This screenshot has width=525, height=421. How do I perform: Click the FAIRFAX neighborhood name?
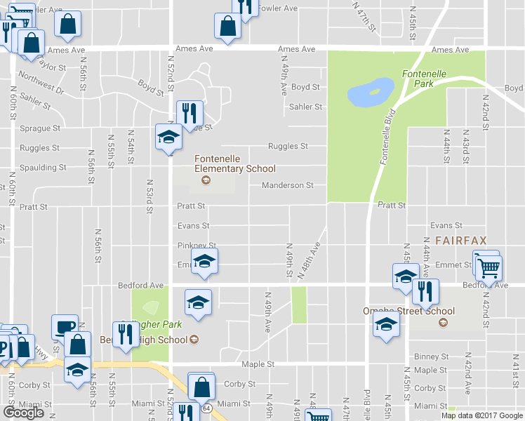tap(460, 240)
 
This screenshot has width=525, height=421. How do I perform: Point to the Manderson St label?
tap(287, 185)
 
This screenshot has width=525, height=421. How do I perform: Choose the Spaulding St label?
tap(43, 168)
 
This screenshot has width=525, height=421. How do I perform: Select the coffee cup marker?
tap(65, 326)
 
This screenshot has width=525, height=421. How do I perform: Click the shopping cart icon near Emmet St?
tap(489, 267)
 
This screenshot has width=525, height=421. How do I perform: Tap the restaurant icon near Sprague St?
tap(190, 112)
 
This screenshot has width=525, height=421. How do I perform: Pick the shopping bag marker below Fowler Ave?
tap(229, 27)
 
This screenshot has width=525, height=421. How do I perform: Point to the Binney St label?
tap(430, 356)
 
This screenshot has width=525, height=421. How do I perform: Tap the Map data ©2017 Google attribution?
tap(482, 415)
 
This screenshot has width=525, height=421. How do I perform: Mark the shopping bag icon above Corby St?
tap(201, 386)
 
